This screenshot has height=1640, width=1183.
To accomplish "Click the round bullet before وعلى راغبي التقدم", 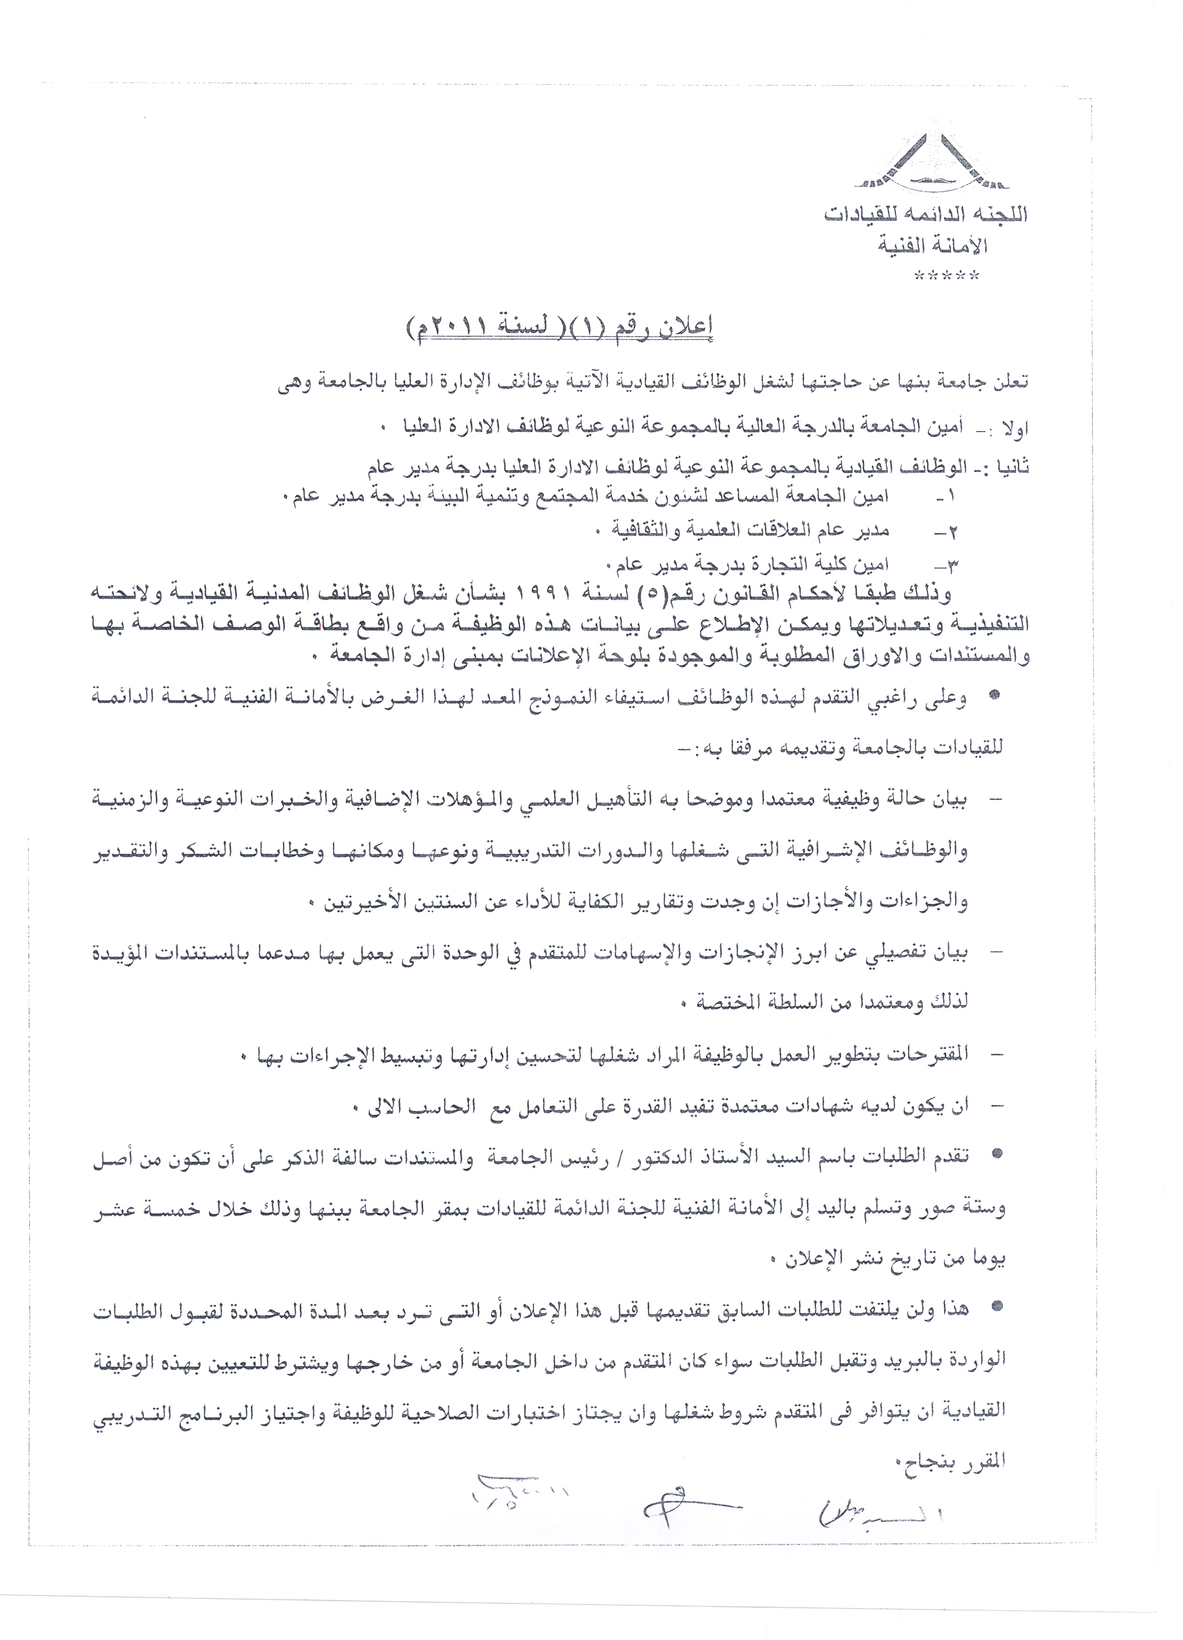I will tap(993, 694).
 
